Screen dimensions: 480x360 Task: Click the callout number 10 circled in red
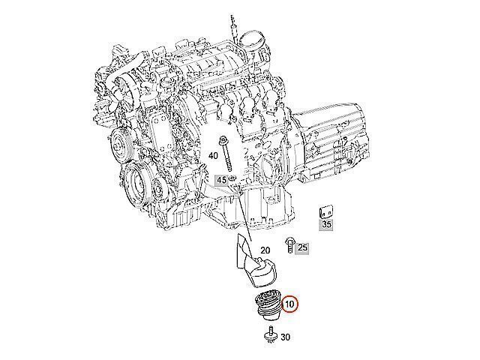pos(289,304)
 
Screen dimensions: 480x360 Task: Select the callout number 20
pos(265,250)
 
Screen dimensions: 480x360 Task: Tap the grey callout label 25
pos(302,247)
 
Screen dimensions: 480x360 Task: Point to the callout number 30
pos(285,337)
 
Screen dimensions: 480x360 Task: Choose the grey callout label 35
pos(326,224)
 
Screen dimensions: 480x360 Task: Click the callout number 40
pos(213,156)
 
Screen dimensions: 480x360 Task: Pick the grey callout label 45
pos(221,180)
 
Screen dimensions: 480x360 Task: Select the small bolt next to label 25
pos(289,245)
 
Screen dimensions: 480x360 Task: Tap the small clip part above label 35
pos(326,211)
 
